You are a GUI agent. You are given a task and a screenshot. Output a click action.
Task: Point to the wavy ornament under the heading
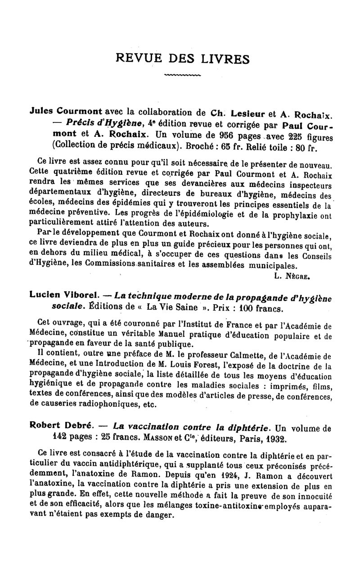tap(183, 75)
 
